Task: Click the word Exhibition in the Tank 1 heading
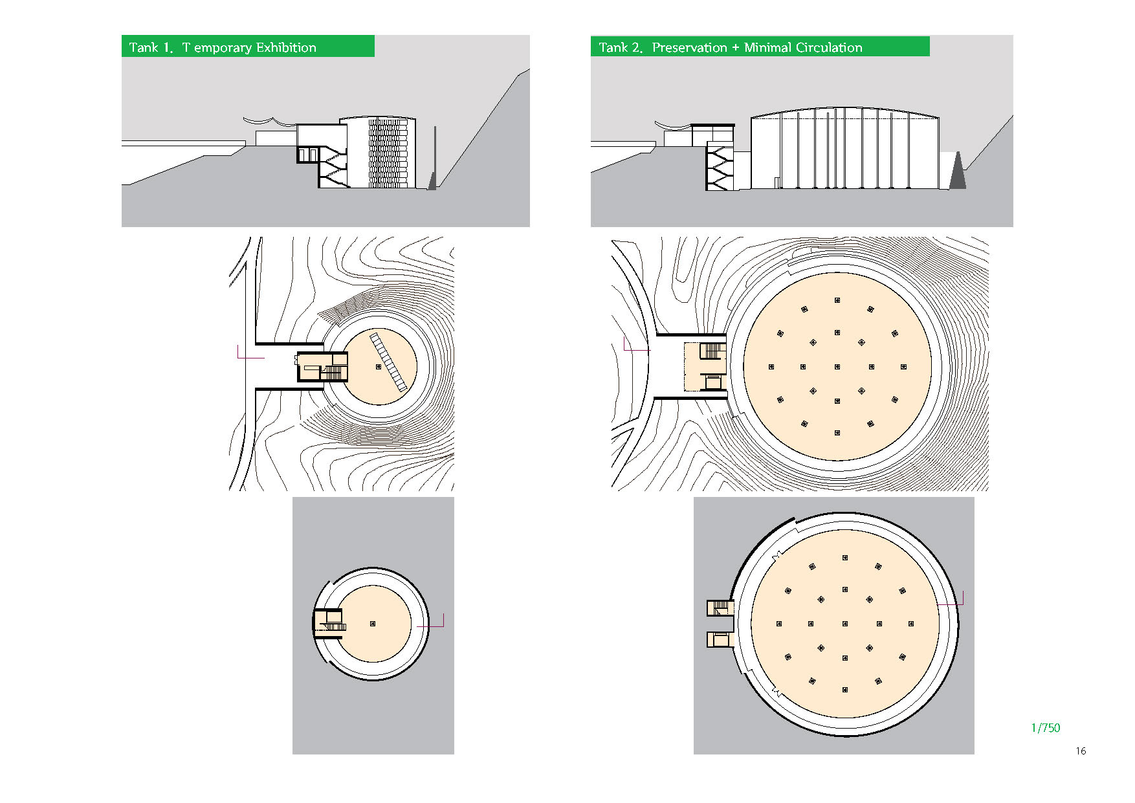coord(286,47)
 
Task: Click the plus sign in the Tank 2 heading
coord(736,47)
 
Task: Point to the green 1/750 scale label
coord(1046,727)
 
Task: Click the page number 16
coord(1081,751)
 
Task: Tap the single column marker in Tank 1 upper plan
coord(379,367)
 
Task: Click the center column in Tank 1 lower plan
coord(373,624)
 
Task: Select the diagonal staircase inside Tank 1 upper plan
coord(389,362)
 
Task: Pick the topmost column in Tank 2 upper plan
coord(837,300)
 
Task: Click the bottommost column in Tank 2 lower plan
coord(845,690)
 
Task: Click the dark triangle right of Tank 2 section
coord(958,171)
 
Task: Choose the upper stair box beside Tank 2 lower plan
coord(720,608)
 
